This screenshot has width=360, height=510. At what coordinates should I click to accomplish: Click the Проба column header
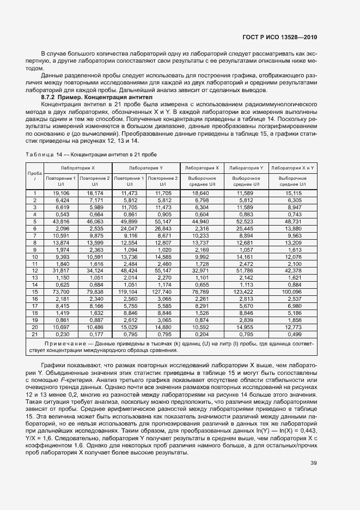coord(34,175)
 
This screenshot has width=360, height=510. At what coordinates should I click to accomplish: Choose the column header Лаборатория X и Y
coord(293,168)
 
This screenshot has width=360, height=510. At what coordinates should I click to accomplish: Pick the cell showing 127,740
coord(163,292)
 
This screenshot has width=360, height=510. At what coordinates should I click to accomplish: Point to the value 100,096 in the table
coord(293,292)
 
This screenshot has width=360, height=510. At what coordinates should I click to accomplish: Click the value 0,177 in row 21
coord(95,334)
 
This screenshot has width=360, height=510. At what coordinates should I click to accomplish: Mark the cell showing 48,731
coord(293,221)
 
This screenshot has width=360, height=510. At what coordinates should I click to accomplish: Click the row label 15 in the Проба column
coord(34,292)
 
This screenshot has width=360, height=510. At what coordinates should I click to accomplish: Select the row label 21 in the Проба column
coord(34,334)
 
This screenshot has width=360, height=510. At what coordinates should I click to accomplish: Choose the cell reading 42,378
coord(293,270)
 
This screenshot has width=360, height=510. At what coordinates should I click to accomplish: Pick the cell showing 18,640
coord(201,193)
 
